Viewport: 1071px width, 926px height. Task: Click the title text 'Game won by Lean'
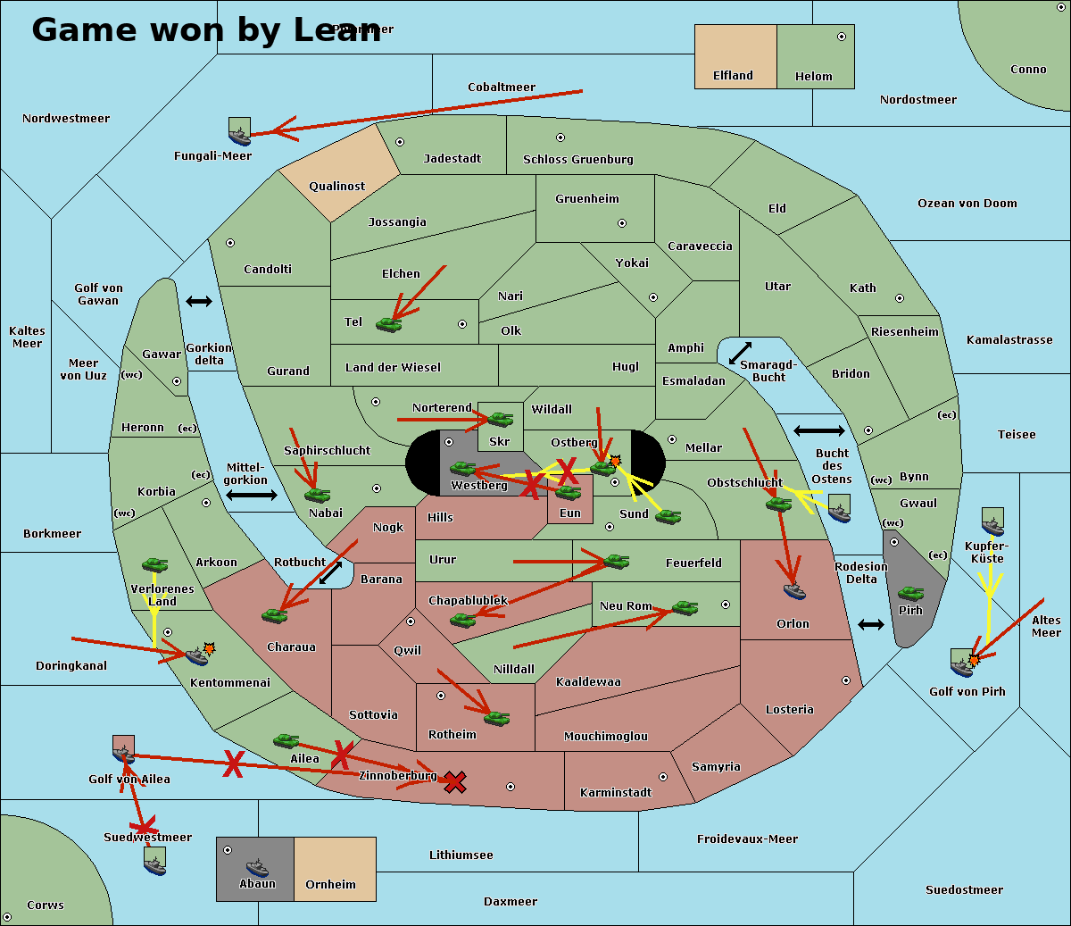tap(205, 30)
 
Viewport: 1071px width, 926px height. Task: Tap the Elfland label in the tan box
tap(733, 76)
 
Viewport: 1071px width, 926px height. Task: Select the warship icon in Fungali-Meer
tap(239, 132)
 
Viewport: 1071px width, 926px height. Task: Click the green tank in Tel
tap(388, 325)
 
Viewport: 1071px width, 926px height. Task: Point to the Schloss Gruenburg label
tap(577, 160)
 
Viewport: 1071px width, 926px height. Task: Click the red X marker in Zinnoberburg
tap(455, 782)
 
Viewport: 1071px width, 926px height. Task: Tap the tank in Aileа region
tap(286, 741)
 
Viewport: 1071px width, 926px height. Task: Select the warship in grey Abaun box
tap(257, 867)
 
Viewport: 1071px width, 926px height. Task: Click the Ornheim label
tap(330, 885)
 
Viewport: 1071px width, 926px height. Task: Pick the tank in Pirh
tap(910, 594)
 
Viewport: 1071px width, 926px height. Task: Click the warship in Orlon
tap(794, 591)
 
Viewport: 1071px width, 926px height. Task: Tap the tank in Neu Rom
tap(685, 608)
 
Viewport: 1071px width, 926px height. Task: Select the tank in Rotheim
tap(496, 718)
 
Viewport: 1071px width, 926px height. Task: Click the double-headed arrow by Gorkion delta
tap(198, 302)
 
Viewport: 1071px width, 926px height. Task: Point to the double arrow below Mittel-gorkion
tap(252, 496)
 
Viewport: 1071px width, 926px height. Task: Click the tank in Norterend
tap(500, 418)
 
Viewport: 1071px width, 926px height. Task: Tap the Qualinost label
tap(336, 187)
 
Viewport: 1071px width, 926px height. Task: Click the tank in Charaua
tap(274, 615)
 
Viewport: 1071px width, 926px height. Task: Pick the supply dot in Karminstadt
tap(663, 777)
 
